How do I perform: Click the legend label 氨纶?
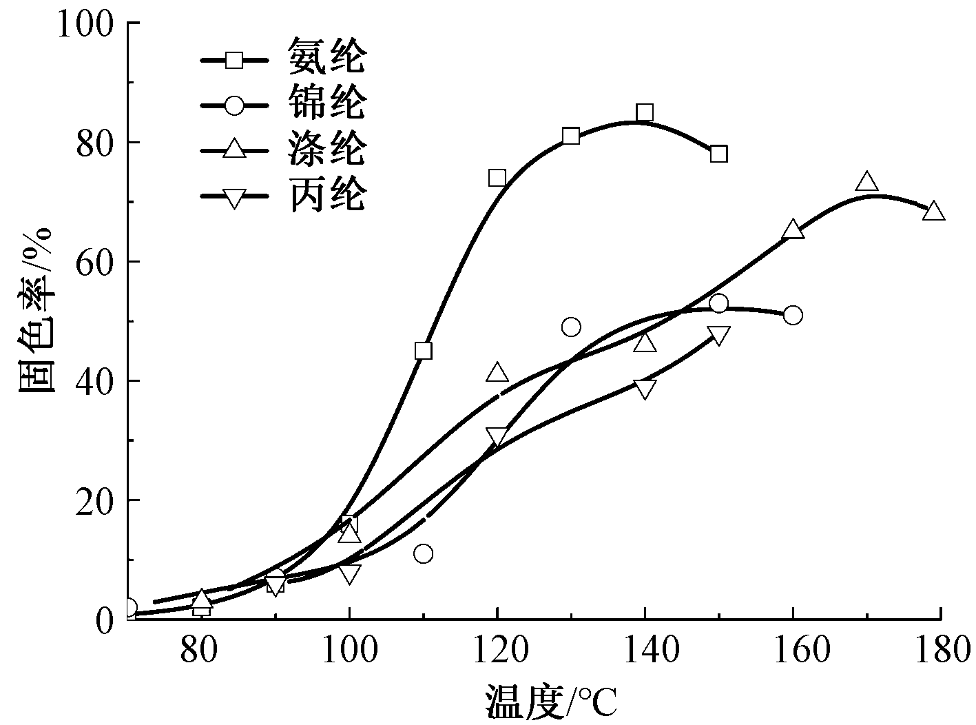tap(326, 57)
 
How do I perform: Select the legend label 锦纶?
tap(326, 104)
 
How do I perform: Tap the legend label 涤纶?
tap(326, 151)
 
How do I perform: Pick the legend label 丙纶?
tap(326, 197)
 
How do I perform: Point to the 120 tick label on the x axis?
tap(497, 651)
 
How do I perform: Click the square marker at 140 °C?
tap(645, 112)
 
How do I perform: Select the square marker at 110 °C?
tap(424, 351)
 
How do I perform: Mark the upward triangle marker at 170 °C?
tap(867, 182)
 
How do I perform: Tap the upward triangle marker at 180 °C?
tap(933, 211)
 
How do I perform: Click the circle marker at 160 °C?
tap(793, 315)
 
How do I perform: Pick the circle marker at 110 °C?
tap(424, 553)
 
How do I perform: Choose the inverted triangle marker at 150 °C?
tap(718, 336)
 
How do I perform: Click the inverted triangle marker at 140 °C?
tap(645, 389)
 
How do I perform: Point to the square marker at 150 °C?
tap(718, 153)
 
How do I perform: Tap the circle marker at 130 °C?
tap(571, 327)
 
